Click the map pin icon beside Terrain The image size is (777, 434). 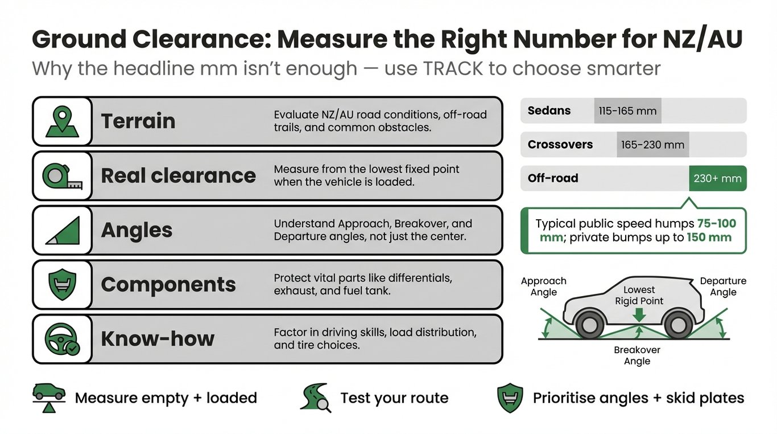tap(62, 121)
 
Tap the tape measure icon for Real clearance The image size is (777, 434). tap(62, 176)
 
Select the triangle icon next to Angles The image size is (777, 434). tap(62, 231)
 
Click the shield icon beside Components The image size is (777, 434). tap(62, 284)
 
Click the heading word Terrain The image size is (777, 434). tap(138, 121)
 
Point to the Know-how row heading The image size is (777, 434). tap(158, 339)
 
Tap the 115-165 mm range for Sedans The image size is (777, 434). tap(627, 111)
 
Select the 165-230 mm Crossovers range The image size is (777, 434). tap(652, 145)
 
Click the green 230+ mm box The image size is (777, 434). tap(717, 178)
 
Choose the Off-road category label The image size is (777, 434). tap(552, 178)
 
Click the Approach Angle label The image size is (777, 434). tap(544, 286)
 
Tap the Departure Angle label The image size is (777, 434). tap(723, 286)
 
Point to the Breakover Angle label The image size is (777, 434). tap(637, 355)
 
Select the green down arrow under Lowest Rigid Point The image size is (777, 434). tap(639, 314)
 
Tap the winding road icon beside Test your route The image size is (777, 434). tap(315, 397)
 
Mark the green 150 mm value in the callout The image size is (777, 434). tap(709, 238)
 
